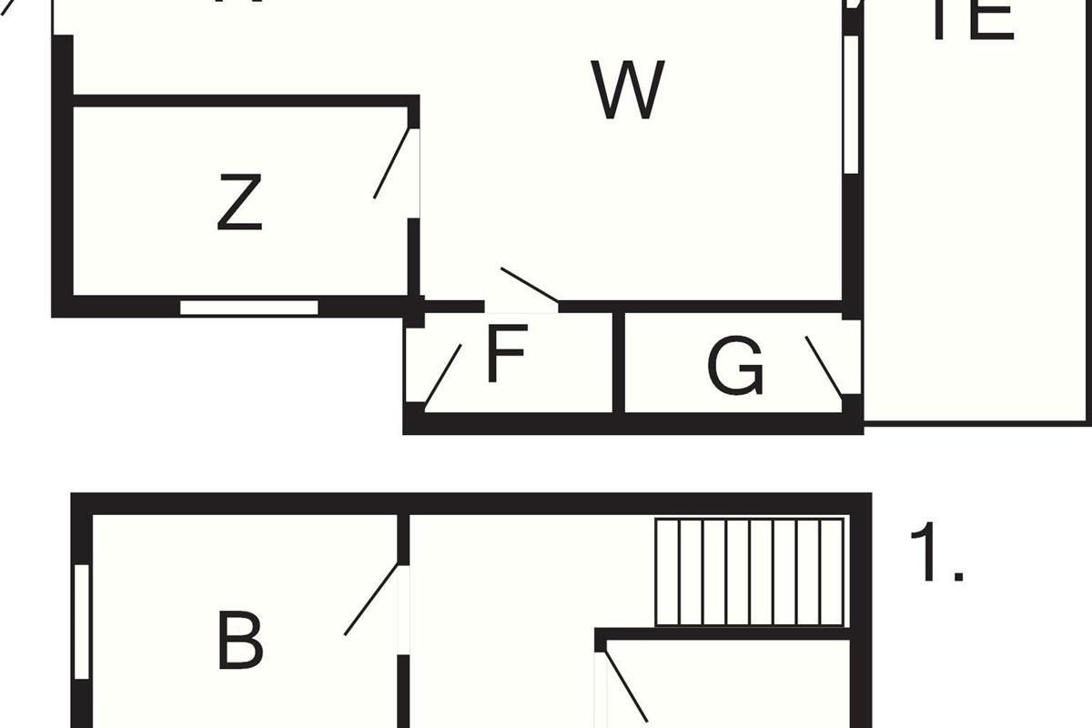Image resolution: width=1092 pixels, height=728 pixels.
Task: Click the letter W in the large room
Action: click(628, 90)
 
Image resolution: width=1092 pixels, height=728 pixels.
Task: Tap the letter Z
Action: click(240, 203)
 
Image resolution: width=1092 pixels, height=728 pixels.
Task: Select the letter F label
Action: click(506, 356)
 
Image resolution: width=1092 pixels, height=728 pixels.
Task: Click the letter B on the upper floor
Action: click(239, 641)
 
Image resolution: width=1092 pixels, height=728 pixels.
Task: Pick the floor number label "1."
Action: click(935, 554)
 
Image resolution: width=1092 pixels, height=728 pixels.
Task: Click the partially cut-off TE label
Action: click(972, 20)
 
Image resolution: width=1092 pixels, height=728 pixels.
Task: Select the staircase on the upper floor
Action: click(750, 572)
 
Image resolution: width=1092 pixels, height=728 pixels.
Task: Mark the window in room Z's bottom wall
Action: click(248, 307)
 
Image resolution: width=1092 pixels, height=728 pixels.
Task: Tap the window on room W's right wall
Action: click(851, 104)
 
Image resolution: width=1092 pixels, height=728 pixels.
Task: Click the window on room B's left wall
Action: click(82, 622)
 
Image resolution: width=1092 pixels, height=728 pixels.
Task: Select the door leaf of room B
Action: click(371, 600)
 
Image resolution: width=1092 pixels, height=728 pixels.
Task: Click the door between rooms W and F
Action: click(530, 286)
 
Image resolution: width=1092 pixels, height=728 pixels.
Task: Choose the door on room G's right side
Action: click(824, 366)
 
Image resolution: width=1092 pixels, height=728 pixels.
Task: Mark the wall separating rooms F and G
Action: click(619, 361)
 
